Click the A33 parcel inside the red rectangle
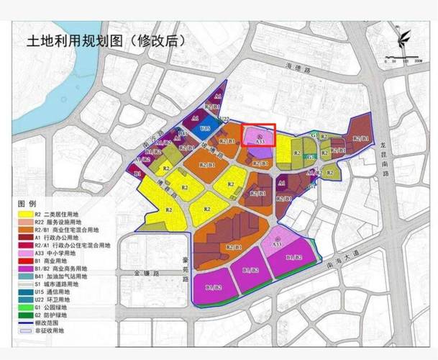[259, 138]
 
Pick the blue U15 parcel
[206, 127]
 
